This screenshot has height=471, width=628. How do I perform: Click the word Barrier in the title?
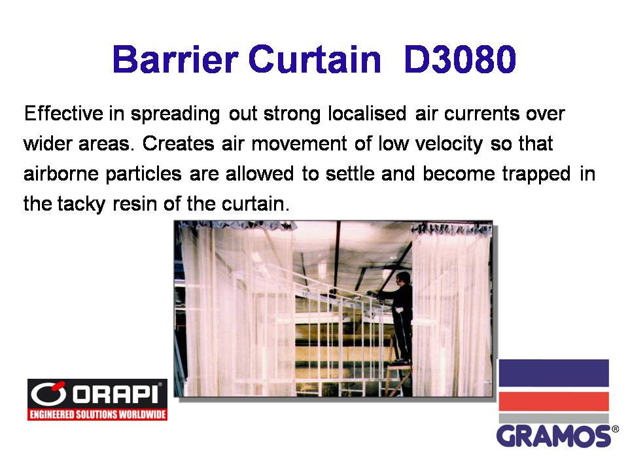click(x=175, y=60)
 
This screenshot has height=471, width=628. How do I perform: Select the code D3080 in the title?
click(x=460, y=60)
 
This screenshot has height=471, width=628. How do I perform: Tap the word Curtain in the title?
click(x=315, y=60)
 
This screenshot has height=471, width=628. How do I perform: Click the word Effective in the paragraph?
click(x=63, y=113)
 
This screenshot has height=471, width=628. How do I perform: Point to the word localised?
click(x=367, y=113)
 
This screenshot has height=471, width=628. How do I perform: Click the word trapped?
click(x=536, y=174)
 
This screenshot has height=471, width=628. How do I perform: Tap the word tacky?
click(x=81, y=204)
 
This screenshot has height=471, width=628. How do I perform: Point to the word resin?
click(x=135, y=204)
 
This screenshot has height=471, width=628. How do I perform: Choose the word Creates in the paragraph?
click(x=178, y=143)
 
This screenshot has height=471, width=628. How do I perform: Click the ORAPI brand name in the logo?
click(x=116, y=394)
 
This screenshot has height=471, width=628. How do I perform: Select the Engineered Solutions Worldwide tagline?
click(x=97, y=414)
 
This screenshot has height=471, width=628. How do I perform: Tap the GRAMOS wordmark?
click(x=554, y=436)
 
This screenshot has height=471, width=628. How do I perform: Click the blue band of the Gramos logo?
click(x=553, y=373)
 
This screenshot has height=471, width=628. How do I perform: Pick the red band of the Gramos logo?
click(x=553, y=402)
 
